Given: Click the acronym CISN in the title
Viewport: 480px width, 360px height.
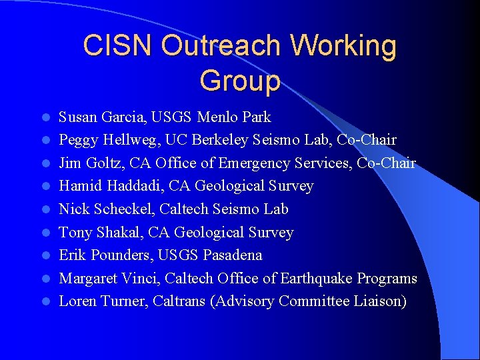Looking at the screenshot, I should [x=118, y=46].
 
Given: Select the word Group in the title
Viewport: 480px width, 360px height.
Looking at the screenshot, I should [x=239, y=81].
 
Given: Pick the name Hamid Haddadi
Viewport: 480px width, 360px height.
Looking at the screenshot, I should [x=106, y=186].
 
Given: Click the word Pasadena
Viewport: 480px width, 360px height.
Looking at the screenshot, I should [x=233, y=255].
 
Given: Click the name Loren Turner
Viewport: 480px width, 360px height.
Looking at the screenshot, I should [x=103, y=301].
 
